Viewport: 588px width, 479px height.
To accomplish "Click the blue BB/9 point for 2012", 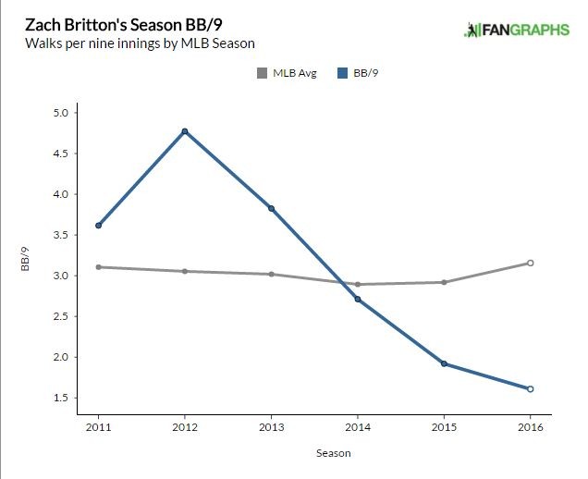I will (x=185, y=131).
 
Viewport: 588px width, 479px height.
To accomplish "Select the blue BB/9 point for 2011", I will (x=98, y=226).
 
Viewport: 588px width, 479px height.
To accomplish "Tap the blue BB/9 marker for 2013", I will (x=271, y=209).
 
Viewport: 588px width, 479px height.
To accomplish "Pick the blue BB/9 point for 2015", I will (x=444, y=363).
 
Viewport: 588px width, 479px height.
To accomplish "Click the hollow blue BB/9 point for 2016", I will (x=530, y=388).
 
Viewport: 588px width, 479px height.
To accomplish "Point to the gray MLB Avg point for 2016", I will (x=530, y=263).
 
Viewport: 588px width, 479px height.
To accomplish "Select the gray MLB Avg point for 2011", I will (x=98, y=267).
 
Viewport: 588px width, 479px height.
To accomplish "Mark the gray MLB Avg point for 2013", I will (x=271, y=275).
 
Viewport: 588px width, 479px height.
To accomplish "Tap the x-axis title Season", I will (x=313, y=453).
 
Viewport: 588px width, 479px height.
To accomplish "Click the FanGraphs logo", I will (x=517, y=30).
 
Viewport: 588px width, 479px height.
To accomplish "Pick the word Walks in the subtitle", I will (x=43, y=43).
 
